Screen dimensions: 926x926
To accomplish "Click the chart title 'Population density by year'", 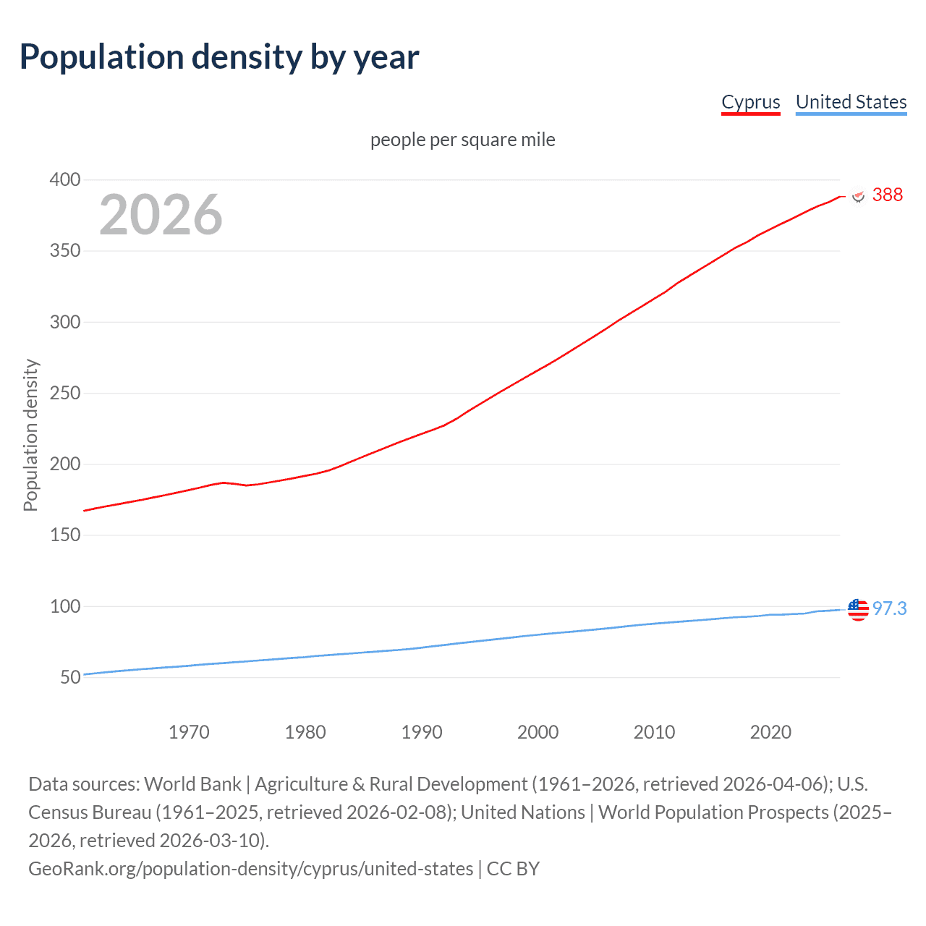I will click(219, 57).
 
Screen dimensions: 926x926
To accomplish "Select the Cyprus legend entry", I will click(751, 102).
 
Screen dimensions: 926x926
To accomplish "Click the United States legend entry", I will click(851, 102).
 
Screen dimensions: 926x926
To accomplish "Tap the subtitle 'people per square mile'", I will click(462, 140).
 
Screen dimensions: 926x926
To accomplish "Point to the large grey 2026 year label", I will click(161, 215).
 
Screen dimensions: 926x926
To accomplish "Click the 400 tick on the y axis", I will click(64, 179).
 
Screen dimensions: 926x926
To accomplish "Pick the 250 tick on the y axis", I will click(64, 393).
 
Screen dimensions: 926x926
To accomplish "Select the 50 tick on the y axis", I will click(70, 678).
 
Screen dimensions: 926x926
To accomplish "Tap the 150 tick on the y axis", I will click(64, 535).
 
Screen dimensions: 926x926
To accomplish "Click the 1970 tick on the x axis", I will click(189, 732).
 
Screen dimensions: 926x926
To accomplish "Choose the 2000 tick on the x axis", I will click(538, 732).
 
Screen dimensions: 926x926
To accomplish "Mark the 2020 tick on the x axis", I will click(770, 732).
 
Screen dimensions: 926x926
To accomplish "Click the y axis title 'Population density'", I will click(30, 436).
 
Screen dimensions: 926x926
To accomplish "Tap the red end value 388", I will click(887, 195).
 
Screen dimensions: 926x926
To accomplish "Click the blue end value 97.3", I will click(889, 608).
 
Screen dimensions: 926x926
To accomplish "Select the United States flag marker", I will click(858, 610).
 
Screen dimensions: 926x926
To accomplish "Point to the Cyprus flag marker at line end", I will click(859, 196).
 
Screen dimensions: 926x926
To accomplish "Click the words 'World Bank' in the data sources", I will click(192, 784).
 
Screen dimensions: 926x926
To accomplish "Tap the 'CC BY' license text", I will click(513, 869).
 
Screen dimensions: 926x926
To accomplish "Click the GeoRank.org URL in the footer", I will click(250, 869).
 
